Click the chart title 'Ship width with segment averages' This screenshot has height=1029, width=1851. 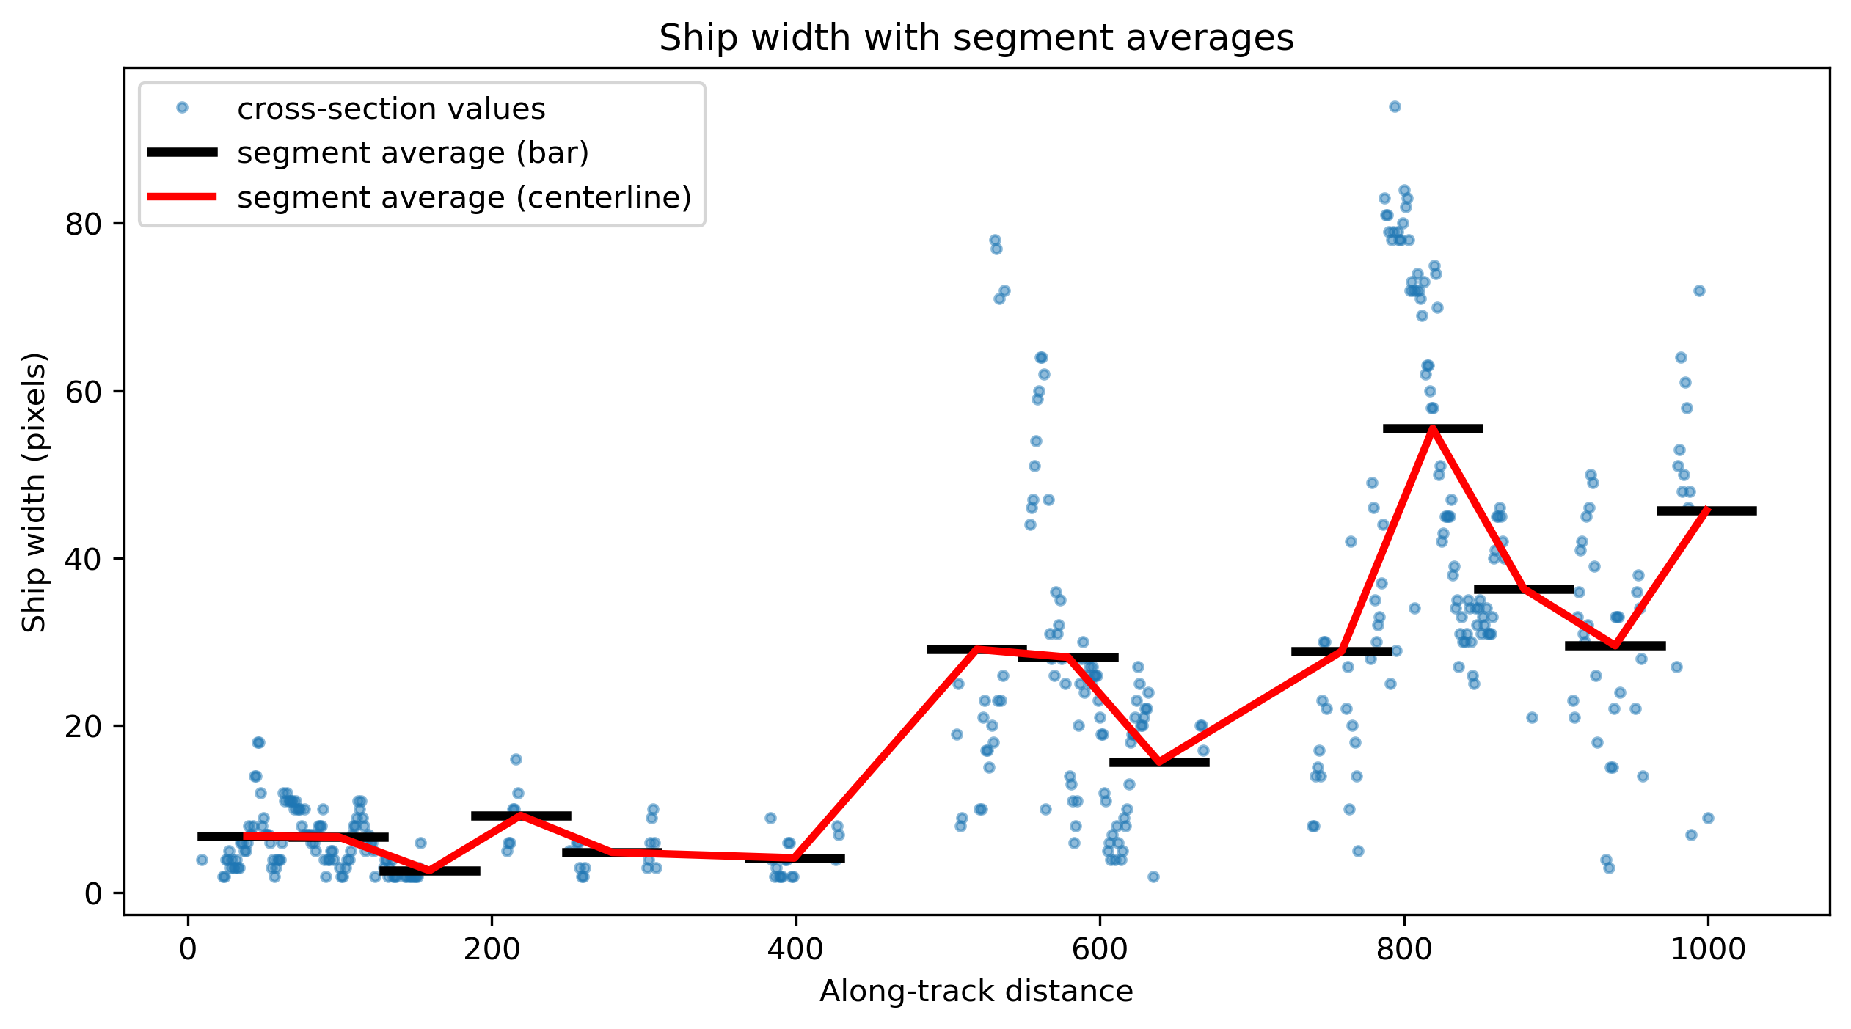976,38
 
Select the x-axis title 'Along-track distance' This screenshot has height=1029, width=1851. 976,992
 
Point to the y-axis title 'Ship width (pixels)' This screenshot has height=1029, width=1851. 34,491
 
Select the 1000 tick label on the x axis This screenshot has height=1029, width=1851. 1708,949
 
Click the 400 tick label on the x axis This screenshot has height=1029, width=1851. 796,949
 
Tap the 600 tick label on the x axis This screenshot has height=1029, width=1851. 1100,949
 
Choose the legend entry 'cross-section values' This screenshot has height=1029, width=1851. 391,109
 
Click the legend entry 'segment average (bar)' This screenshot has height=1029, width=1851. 413,153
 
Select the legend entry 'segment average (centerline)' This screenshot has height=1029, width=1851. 464,197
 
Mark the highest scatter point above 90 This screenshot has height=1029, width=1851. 1395,106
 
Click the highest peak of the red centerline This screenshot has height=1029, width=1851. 1432,428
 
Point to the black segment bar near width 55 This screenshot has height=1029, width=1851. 1433,428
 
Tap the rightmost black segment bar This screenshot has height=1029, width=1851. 1706,510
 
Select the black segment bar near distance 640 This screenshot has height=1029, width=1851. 1159,762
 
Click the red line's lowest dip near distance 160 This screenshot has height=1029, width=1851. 429,871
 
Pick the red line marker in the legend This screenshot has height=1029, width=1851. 182,197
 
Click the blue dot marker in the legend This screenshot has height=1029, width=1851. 182,108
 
